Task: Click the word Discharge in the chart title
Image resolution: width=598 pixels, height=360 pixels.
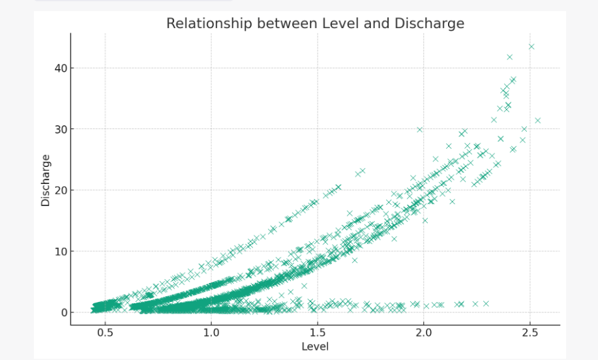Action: [432, 23]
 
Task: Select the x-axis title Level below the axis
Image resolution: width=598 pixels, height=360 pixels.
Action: [315, 346]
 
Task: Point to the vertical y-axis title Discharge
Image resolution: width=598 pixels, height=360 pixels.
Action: [46, 180]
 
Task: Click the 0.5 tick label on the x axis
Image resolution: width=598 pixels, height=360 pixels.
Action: [105, 332]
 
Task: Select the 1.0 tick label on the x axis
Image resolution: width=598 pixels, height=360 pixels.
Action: [211, 332]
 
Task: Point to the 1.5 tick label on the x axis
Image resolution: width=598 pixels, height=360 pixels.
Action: [318, 332]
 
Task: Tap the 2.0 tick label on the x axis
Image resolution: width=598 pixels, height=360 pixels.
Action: [424, 332]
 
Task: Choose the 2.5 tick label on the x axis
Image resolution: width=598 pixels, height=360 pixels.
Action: [530, 332]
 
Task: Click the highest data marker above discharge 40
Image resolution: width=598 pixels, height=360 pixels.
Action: [531, 46]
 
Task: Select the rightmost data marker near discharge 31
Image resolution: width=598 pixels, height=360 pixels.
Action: [538, 120]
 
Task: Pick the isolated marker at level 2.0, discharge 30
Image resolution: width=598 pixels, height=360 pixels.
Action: [420, 129]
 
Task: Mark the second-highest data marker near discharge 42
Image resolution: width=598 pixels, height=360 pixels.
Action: [510, 57]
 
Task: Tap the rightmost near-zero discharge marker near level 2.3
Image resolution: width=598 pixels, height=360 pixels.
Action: [486, 303]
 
